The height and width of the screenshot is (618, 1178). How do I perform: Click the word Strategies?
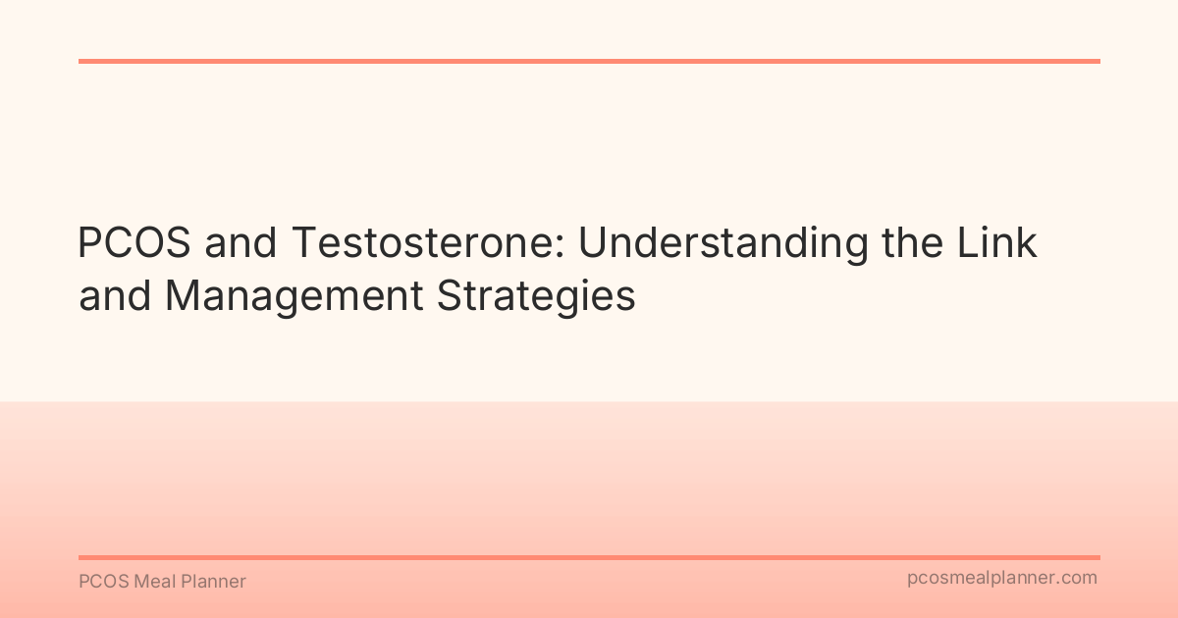[x=536, y=295]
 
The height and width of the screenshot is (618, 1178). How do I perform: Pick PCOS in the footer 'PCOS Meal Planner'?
[x=99, y=582]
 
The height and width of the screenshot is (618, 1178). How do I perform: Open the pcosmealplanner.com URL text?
[x=1001, y=579]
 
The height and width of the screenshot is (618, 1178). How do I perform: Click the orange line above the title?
[x=589, y=61]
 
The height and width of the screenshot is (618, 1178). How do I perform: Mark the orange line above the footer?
[x=589, y=557]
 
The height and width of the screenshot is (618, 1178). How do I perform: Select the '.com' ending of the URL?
[x=1078, y=579]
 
